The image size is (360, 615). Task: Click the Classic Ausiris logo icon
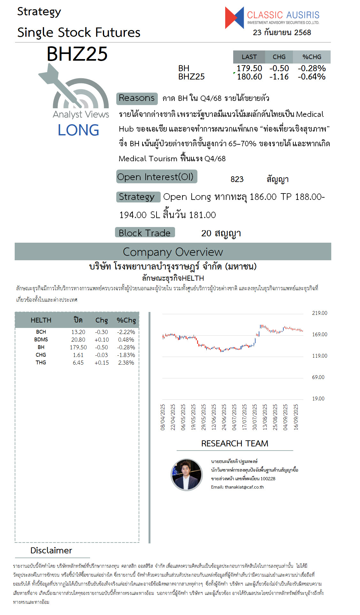tap(234, 18)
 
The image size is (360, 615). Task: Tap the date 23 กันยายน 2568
tap(282, 33)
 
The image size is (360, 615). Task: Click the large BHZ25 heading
tap(77, 54)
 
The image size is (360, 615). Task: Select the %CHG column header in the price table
tap(312, 57)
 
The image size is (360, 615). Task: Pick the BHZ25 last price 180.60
tap(249, 77)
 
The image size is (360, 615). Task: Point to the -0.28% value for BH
tap(311, 68)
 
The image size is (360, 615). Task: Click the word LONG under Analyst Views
tap(78, 130)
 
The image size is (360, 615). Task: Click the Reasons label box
tap(137, 98)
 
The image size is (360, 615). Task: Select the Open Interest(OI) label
tap(156, 177)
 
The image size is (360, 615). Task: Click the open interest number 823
tap(237, 179)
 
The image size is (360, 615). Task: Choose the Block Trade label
tap(145, 233)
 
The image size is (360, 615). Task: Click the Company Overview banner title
tap(173, 252)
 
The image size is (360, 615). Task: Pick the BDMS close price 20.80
tap(78, 340)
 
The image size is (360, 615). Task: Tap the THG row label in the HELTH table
tap(41, 363)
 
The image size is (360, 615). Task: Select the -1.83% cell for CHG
tap(126, 355)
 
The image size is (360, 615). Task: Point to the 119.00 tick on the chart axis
tap(319, 356)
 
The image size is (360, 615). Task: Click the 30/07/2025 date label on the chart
tap(255, 417)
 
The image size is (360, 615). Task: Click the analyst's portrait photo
tap(187, 475)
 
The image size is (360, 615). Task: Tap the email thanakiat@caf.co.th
tap(237, 487)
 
